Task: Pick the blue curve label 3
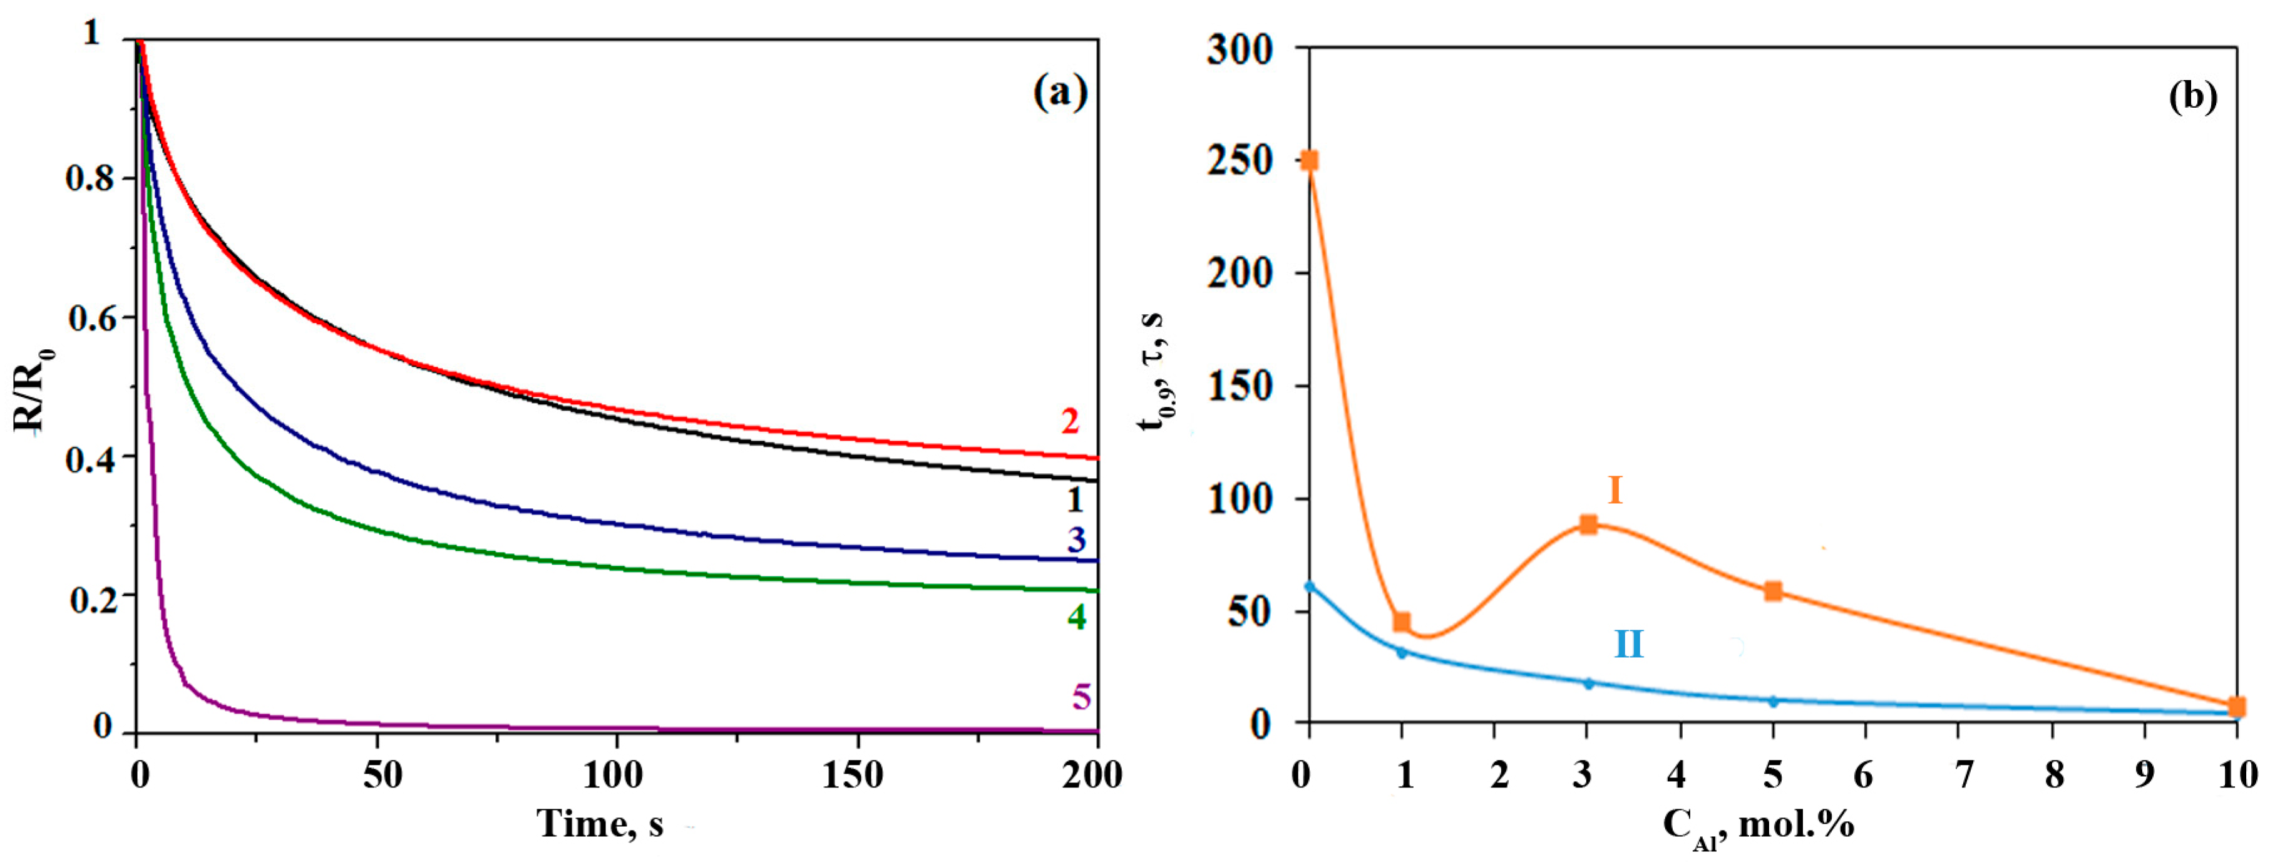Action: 1075,540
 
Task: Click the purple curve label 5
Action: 1081,698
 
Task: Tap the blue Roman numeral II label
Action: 1628,645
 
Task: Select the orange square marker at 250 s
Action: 1310,160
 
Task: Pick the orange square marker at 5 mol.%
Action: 1773,591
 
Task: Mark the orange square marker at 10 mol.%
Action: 2236,707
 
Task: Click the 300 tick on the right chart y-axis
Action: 1240,50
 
